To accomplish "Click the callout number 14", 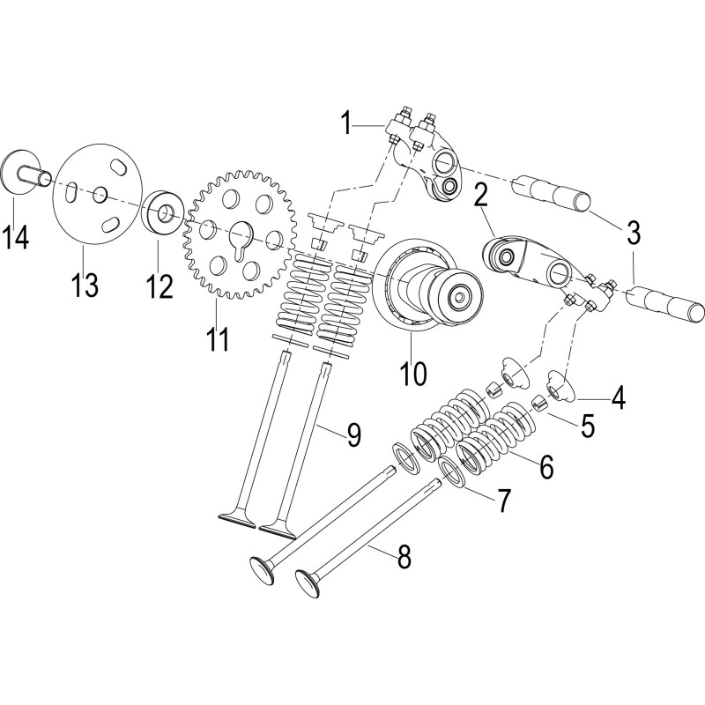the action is click(x=15, y=236).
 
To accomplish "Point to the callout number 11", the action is click(x=218, y=338).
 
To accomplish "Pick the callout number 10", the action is click(x=413, y=373).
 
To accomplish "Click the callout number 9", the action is click(x=354, y=435).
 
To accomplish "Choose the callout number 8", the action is click(x=404, y=557).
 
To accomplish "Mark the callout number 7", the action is click(x=503, y=501).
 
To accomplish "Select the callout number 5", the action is click(x=588, y=426).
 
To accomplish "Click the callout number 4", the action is click(x=619, y=398).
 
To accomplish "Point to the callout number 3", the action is click(x=633, y=233).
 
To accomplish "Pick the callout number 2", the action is click(x=480, y=195).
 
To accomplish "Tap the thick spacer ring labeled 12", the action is click(x=163, y=212).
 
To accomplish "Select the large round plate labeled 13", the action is click(x=98, y=194).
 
